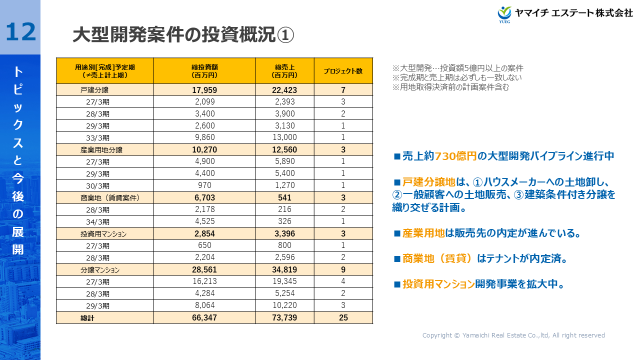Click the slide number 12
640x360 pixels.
coord(21,31)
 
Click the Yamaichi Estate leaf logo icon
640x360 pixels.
coord(504,13)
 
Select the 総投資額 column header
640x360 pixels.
coord(204,71)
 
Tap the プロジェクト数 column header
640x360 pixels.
coord(343,71)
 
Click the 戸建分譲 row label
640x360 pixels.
coord(94,90)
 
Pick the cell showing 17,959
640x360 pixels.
coord(204,90)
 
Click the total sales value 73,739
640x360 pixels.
coord(285,317)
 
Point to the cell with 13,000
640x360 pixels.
coord(285,137)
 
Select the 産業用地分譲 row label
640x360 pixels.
coord(101,149)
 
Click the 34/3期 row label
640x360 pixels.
coord(97,222)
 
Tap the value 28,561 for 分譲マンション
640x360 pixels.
coord(204,269)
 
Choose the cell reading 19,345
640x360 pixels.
coord(285,281)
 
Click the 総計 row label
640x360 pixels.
coord(87,318)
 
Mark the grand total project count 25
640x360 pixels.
coord(343,317)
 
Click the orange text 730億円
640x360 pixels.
coord(455,156)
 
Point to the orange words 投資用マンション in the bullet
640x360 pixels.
coord(438,284)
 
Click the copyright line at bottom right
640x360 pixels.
coord(513,335)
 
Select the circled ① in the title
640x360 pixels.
coord(285,35)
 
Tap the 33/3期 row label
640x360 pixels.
coord(97,138)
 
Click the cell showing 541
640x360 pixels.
coord(285,197)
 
